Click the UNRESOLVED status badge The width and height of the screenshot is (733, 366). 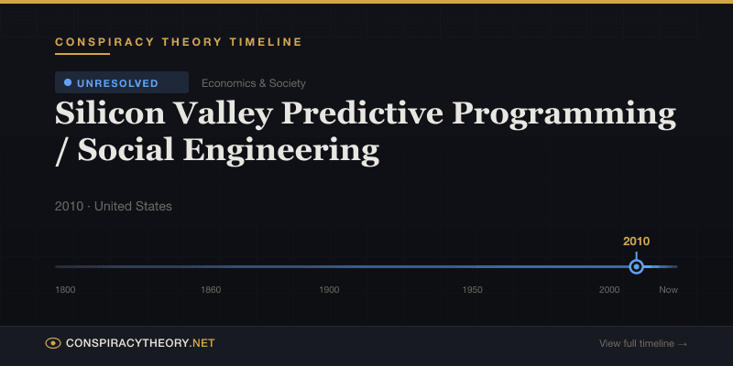click(x=121, y=83)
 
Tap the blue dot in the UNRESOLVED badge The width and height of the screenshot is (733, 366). click(x=68, y=82)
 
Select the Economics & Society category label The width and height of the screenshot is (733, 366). click(x=254, y=83)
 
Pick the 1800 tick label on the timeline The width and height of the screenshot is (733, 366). click(x=65, y=290)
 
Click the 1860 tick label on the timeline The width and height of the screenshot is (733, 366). click(x=211, y=290)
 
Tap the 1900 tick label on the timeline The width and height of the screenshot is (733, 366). click(x=329, y=290)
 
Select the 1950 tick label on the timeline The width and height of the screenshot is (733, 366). click(x=473, y=290)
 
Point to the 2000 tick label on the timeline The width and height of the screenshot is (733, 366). click(x=609, y=290)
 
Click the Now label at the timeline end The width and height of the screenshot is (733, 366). click(x=668, y=290)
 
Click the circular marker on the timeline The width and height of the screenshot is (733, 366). click(x=636, y=267)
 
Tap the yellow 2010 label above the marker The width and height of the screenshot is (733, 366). click(x=636, y=242)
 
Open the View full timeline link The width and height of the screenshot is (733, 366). click(x=643, y=344)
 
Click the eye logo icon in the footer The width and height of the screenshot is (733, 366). click(x=53, y=343)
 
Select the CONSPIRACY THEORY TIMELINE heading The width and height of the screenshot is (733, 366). click(x=179, y=42)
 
